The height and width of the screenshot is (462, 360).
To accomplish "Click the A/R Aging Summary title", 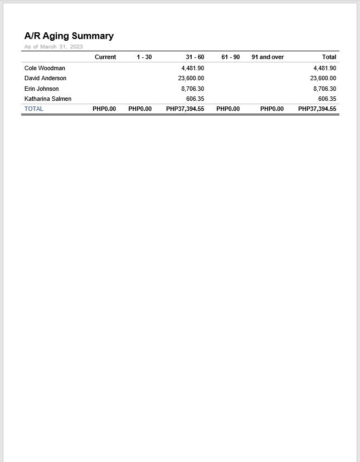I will (69, 36).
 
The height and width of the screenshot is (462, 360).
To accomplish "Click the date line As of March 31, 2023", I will (53, 47).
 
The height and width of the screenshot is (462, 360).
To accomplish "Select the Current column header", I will (105, 57).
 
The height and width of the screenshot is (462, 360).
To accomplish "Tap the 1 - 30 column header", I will (144, 57).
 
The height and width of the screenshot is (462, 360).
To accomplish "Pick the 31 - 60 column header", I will (195, 57).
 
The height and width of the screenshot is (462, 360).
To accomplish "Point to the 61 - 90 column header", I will (231, 57).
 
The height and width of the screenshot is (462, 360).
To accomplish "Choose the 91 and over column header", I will (267, 57).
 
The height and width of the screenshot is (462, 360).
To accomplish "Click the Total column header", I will (329, 57).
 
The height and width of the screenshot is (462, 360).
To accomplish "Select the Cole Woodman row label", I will (45, 68).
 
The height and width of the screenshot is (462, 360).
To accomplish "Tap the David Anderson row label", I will (45, 79).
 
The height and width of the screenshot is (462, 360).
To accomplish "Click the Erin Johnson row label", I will (41, 89).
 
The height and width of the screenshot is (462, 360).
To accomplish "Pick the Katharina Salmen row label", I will (48, 99).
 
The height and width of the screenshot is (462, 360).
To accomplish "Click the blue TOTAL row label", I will (34, 109).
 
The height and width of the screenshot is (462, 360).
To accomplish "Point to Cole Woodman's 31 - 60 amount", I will (193, 68).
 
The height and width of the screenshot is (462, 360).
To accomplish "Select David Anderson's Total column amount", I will (323, 79).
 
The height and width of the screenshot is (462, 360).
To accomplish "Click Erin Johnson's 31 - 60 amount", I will (193, 89).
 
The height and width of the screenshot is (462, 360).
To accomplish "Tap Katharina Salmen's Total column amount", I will (327, 99).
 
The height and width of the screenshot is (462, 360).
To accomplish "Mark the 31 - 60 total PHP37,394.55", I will (185, 109).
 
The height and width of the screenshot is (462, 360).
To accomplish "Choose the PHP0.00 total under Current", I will (104, 109).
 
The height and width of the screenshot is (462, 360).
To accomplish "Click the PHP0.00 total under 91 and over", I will (272, 109).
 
